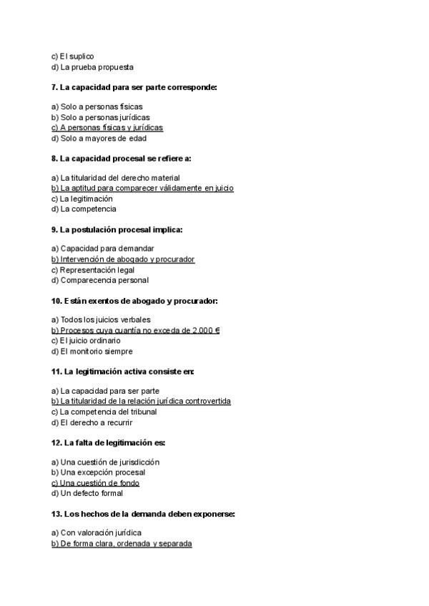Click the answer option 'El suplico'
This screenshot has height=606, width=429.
(72, 56)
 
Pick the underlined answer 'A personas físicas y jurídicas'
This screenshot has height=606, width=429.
(107, 128)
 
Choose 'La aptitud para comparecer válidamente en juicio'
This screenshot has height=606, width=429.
(142, 189)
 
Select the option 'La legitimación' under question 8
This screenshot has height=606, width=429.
(82, 199)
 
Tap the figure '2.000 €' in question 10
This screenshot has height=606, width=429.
(204, 330)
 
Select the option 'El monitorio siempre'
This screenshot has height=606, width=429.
(92, 351)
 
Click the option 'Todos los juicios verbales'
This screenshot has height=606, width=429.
(101, 319)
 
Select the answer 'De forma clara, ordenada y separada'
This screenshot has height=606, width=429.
(122, 544)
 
